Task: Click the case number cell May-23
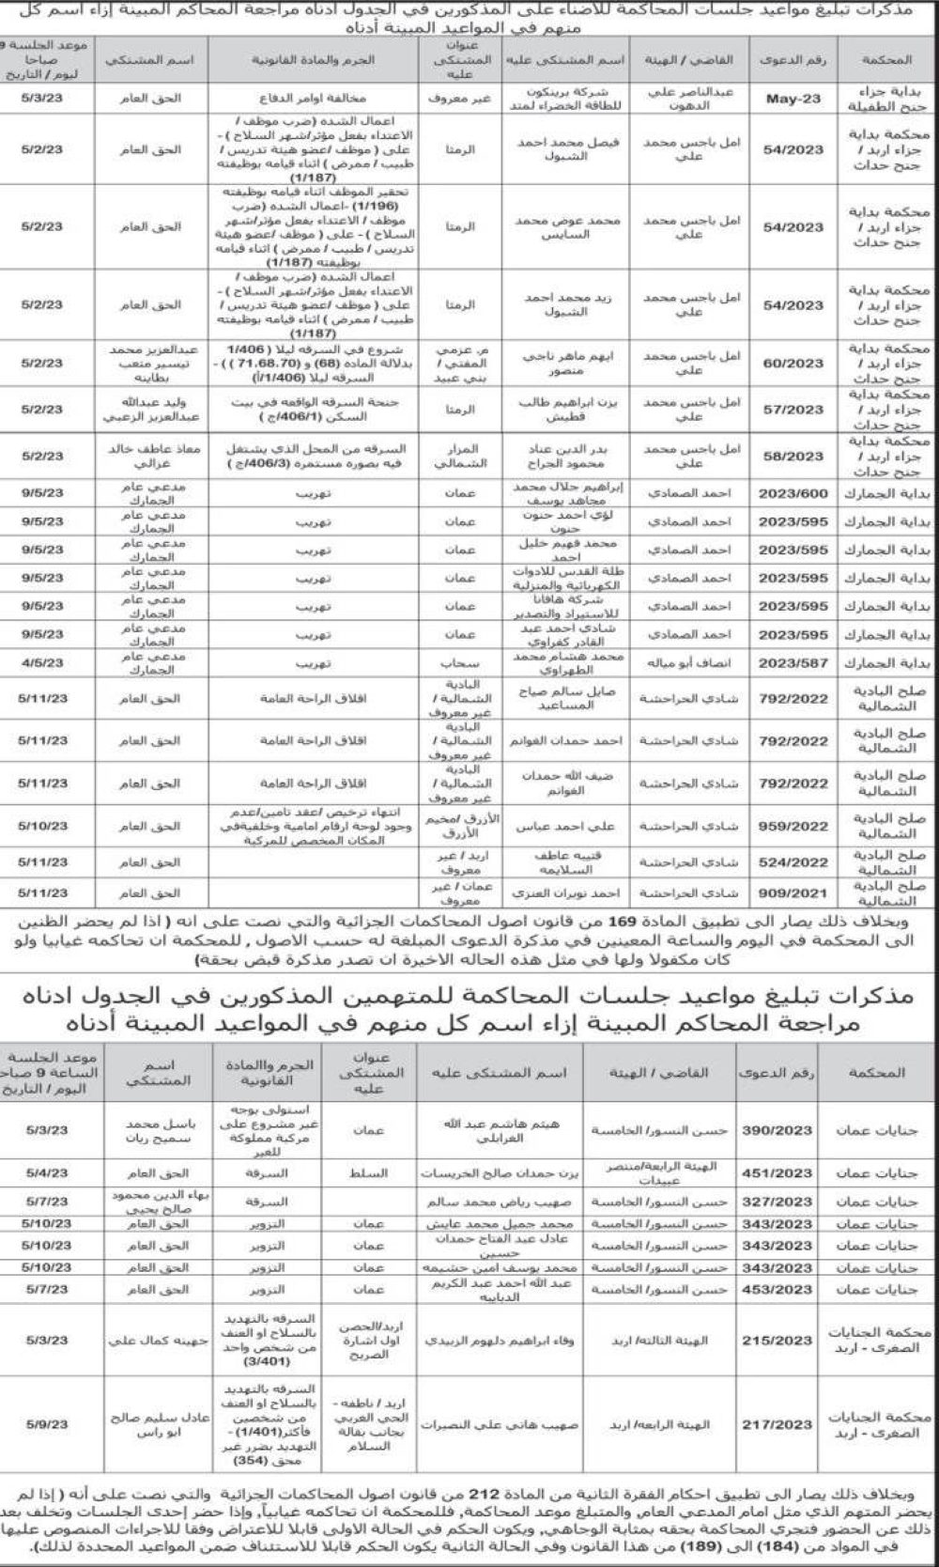point(793,99)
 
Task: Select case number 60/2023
point(793,364)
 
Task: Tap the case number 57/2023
point(793,410)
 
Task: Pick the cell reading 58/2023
point(793,457)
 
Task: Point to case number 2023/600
point(793,493)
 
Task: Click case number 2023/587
point(793,663)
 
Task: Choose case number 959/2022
point(793,827)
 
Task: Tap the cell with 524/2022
point(793,862)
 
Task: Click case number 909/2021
point(793,893)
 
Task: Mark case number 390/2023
point(777,1130)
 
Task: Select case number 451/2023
point(777,1173)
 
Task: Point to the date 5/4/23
point(47,1173)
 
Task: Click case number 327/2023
point(777,1202)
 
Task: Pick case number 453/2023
point(777,1290)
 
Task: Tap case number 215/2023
point(777,1341)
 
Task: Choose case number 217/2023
point(777,1425)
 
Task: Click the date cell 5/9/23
point(47,1425)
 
